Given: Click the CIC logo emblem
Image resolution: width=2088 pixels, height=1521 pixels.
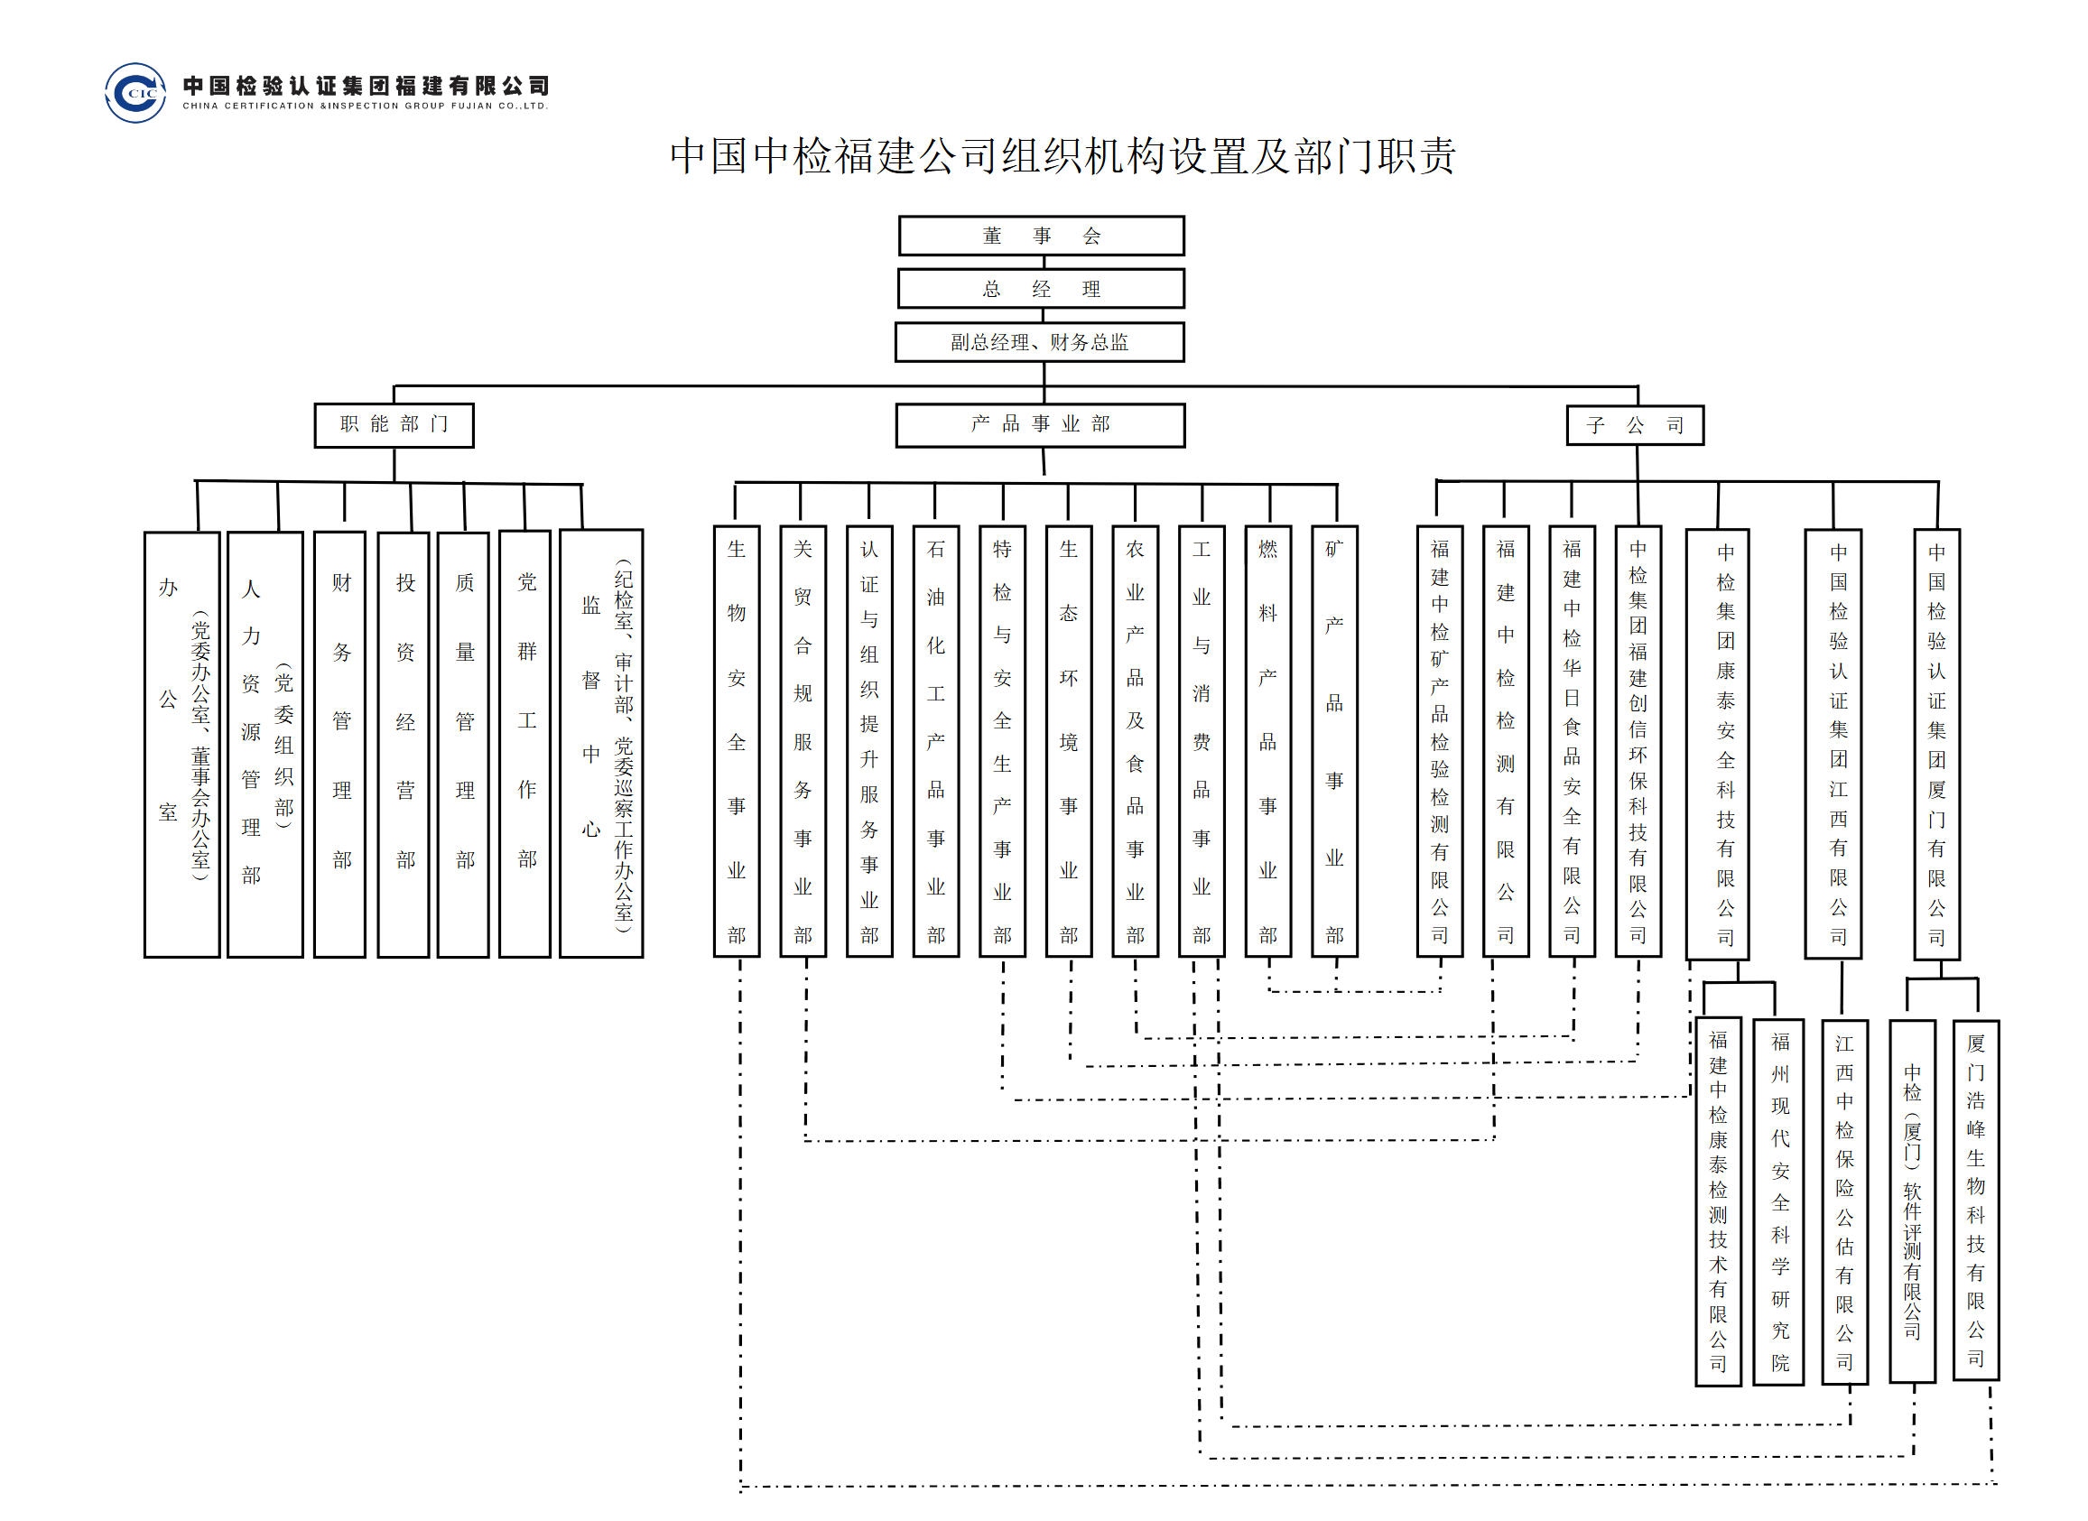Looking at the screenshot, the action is click(135, 92).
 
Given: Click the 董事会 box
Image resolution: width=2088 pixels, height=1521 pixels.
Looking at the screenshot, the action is click(1041, 236).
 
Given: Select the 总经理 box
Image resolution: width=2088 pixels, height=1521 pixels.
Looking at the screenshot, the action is click(1041, 288).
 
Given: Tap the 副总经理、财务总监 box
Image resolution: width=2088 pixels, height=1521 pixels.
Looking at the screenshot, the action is click(1039, 341).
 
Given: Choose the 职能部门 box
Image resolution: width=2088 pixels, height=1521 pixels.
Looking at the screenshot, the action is click(394, 425).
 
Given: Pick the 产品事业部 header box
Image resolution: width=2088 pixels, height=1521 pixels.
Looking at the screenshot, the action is click(1040, 425).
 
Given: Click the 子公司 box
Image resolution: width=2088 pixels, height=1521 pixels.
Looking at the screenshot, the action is click(1635, 425).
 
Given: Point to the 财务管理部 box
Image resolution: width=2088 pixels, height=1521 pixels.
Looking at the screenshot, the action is click(339, 744).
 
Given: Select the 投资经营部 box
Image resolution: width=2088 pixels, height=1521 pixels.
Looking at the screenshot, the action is click(404, 745).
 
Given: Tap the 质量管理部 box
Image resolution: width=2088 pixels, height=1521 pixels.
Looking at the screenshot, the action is click(463, 745).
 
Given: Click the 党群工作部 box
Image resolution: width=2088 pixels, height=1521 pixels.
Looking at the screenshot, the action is click(524, 744).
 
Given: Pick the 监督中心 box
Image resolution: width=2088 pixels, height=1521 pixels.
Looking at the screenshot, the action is click(601, 744).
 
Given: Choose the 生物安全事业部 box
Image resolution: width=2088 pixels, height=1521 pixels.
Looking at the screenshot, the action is click(737, 741).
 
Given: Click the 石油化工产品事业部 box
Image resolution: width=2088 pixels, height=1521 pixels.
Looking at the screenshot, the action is click(936, 741).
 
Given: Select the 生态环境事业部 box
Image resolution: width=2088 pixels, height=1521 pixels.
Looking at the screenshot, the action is click(1069, 741).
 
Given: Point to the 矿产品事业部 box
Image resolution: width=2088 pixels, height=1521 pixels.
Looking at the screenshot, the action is click(1335, 741).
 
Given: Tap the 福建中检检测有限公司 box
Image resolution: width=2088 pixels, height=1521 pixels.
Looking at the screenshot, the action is click(1506, 741).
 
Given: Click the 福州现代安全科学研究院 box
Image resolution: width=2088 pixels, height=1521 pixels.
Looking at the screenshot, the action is click(1778, 1201).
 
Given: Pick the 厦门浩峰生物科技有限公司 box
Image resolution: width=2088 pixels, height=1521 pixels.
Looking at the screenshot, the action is click(1976, 1201).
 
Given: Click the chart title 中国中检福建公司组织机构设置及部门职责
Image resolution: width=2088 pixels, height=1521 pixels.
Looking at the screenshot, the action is click(1063, 155).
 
